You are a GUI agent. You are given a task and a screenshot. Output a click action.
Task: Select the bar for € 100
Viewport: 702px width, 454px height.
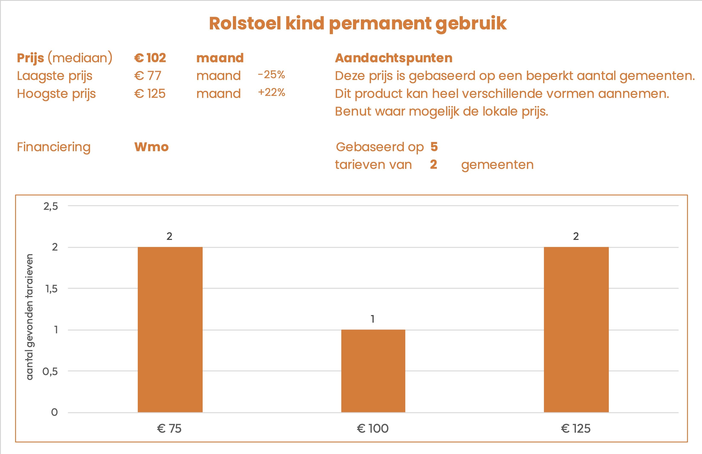[373, 371]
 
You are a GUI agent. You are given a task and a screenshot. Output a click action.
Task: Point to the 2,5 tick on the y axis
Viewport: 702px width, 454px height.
[51, 206]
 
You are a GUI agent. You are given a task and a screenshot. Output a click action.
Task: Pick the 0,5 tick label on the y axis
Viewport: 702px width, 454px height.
[50, 371]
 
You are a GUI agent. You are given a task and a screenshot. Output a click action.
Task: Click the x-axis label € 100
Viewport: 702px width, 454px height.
[373, 428]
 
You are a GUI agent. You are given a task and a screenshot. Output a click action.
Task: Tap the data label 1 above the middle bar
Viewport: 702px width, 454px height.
[373, 319]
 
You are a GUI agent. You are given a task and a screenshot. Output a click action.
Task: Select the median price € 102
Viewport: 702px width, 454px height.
[150, 58]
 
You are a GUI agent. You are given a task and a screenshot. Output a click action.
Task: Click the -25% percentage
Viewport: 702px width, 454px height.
[271, 75]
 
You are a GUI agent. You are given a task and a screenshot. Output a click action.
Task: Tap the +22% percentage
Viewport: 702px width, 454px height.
[272, 93]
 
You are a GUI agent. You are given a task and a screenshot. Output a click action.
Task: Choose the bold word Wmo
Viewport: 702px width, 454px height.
[151, 147]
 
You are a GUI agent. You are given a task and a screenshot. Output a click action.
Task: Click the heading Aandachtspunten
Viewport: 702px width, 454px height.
[394, 58]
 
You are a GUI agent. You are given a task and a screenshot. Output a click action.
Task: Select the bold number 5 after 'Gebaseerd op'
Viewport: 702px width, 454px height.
[434, 146]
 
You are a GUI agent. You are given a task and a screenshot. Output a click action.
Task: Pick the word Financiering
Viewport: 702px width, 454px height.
[54, 147]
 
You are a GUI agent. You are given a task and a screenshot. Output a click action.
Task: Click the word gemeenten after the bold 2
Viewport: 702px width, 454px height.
[497, 165]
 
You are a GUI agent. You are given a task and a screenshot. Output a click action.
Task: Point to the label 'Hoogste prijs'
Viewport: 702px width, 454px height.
[56, 94]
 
